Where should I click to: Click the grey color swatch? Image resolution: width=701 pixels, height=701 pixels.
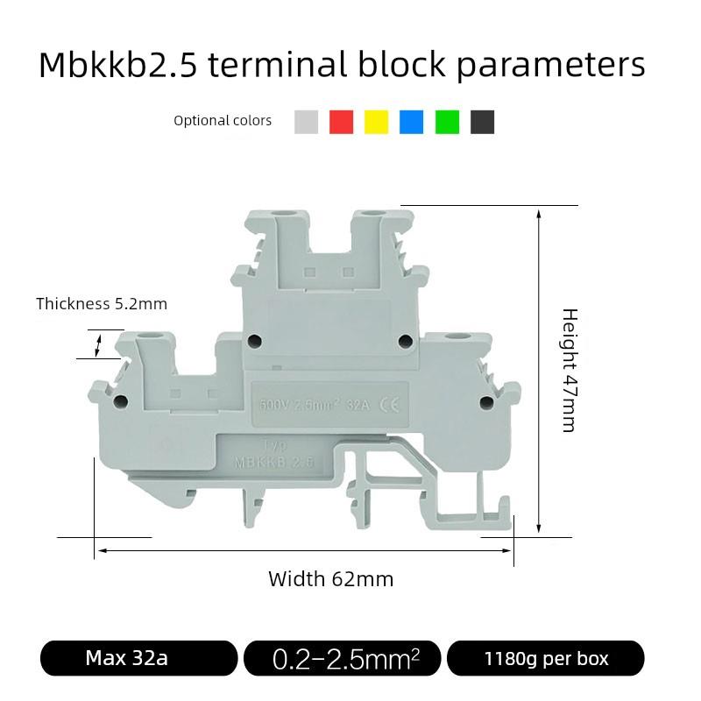(306, 122)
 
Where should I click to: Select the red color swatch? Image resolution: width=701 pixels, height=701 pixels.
(341, 122)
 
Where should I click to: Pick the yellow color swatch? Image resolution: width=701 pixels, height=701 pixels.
(376, 122)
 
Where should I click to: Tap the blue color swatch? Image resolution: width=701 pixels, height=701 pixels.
(411, 122)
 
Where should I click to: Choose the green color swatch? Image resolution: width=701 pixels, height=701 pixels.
(447, 122)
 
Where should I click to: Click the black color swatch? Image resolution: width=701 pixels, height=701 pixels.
(482, 122)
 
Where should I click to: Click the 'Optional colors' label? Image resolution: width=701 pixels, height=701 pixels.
(223, 121)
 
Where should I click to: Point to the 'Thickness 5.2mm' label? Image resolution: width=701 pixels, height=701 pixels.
(102, 304)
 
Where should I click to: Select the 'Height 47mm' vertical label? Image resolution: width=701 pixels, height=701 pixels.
(570, 370)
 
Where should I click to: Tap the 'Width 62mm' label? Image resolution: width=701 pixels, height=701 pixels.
(330, 579)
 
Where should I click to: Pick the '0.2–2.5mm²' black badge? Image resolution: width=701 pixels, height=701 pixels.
(346, 659)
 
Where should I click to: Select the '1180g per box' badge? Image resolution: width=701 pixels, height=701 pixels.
(546, 658)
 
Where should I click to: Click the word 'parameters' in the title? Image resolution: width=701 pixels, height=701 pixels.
(551, 66)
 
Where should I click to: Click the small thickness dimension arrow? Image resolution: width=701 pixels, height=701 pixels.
(97, 343)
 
